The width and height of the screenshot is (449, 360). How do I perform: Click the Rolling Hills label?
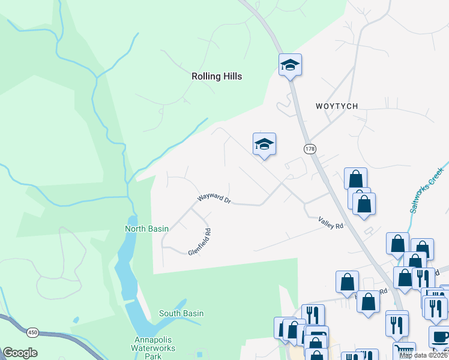(217, 76)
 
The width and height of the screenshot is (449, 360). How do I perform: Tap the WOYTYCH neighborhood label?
(337, 106)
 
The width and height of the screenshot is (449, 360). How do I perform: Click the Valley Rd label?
(331, 223)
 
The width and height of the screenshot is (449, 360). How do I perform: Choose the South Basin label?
(181, 313)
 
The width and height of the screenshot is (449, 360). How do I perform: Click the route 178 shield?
(310, 149)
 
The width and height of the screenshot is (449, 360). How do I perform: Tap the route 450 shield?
(32, 331)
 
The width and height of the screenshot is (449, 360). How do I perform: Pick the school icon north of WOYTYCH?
(290, 64)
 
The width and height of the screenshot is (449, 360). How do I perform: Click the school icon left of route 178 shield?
(264, 143)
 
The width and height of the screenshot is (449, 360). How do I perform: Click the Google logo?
(20, 353)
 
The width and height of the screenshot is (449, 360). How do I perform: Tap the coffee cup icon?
(439, 336)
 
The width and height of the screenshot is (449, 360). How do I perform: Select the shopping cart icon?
(403, 350)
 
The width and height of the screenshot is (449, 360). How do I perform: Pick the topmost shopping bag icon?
(355, 178)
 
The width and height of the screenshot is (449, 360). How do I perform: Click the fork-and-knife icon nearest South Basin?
(313, 314)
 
